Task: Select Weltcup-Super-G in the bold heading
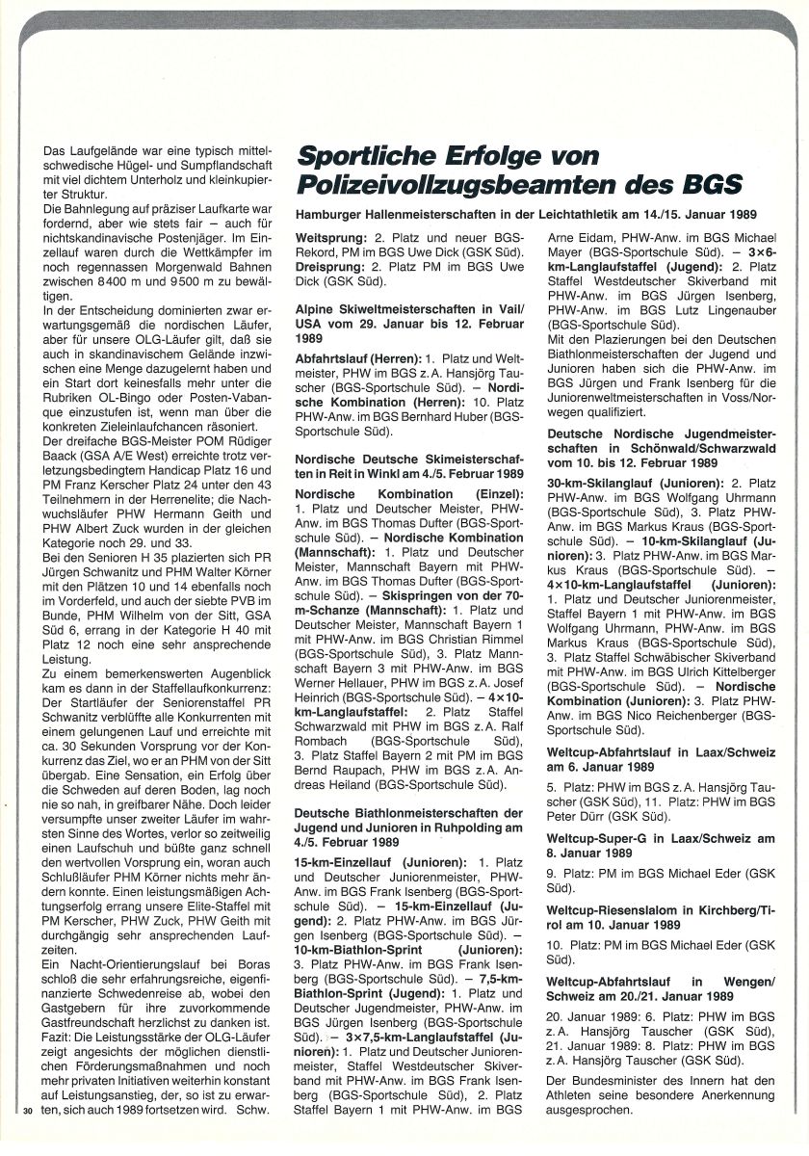600,839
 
